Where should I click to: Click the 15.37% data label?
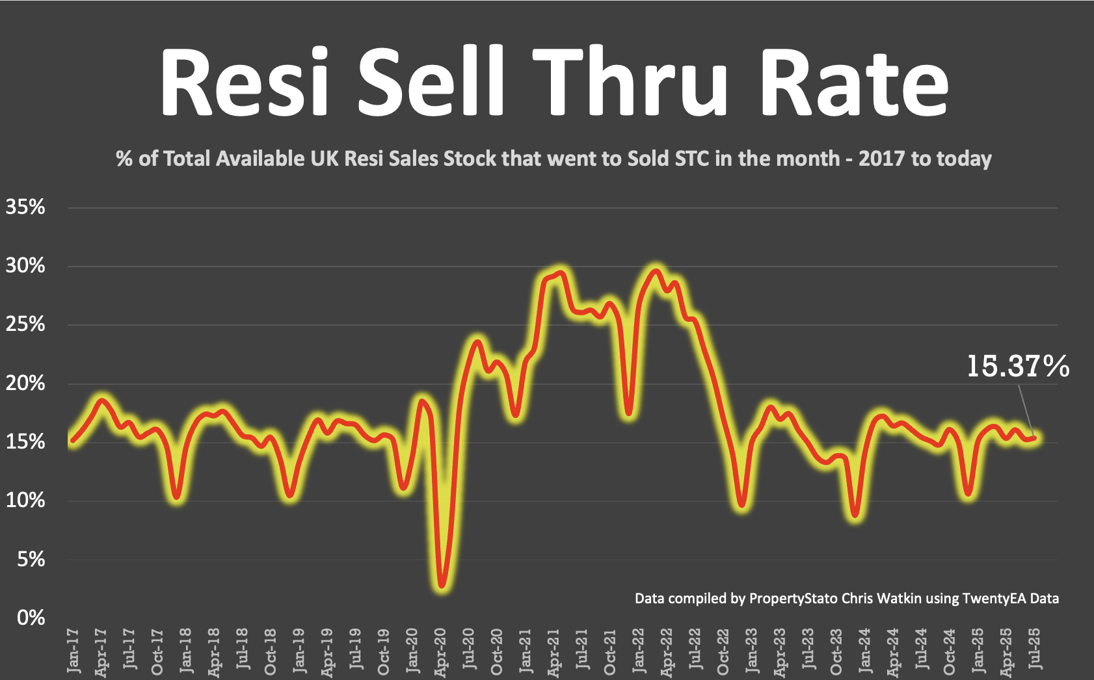[1017, 366]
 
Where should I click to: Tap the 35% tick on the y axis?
[25, 207]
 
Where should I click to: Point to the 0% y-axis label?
[31, 617]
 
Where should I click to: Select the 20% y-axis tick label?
[25, 383]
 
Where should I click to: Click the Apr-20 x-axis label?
[440, 651]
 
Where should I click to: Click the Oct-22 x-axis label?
[723, 651]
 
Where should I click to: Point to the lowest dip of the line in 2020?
[442, 584]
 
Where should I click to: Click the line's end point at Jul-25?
[1035, 438]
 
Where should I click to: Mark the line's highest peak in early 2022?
[656, 272]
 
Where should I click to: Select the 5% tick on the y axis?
[31, 558]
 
